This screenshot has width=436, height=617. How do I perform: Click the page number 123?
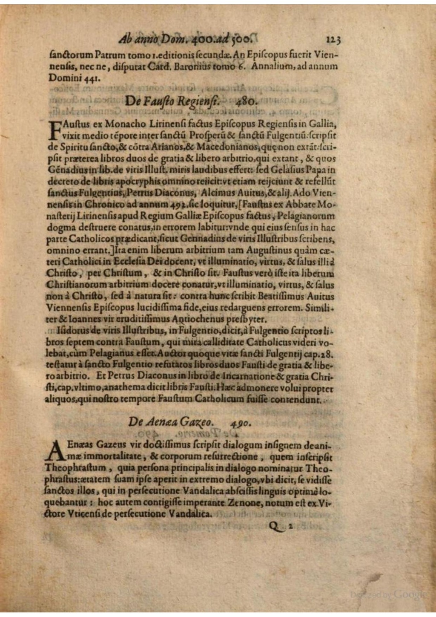click(x=333, y=40)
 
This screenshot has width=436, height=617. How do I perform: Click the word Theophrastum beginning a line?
click(x=72, y=467)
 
